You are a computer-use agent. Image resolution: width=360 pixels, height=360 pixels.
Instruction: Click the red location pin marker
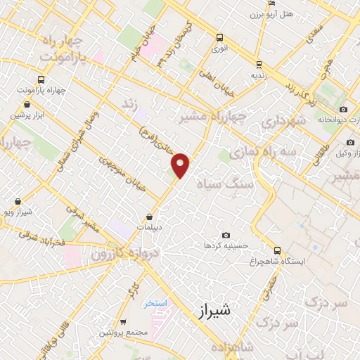coord(181,165)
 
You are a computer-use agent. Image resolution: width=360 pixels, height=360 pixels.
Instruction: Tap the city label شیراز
coord(210,309)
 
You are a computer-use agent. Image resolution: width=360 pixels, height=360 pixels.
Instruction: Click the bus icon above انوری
coord(220,38)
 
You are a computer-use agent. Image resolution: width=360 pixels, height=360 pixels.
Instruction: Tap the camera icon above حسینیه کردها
coord(225,235)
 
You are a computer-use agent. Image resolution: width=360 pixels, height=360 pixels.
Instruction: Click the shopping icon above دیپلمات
coord(150,217)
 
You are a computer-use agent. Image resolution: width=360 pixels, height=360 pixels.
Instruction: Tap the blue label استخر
coord(155,304)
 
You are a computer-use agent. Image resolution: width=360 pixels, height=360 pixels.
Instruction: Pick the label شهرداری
coord(281,122)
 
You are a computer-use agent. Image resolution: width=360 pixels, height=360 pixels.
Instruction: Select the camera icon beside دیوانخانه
coord(344,109)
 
